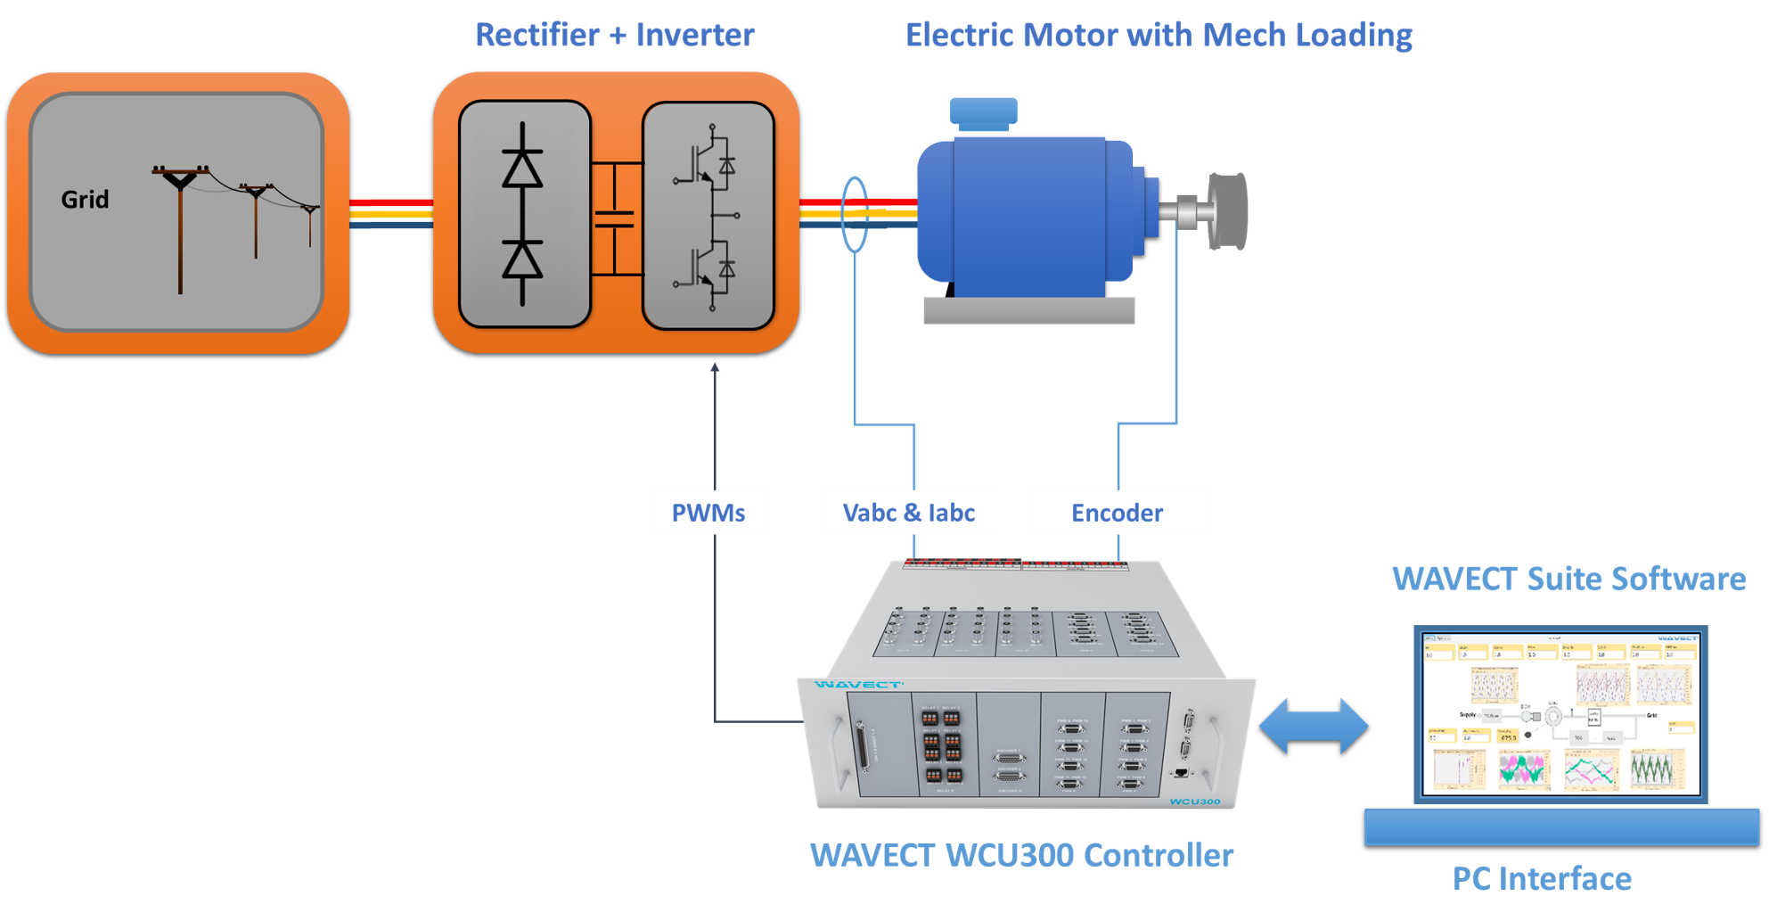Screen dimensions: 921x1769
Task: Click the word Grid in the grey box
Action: point(85,199)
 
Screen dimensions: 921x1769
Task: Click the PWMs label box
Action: point(708,513)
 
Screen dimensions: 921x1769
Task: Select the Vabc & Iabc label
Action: point(909,513)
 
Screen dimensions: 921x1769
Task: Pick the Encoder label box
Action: point(1118,513)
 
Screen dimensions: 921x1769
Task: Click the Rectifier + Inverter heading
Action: point(615,35)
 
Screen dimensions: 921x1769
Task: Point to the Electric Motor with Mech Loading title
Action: point(1159,35)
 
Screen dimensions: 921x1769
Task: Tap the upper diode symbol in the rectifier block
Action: point(522,169)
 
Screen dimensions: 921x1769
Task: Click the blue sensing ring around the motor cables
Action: point(855,214)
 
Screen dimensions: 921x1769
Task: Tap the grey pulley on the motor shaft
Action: point(1227,211)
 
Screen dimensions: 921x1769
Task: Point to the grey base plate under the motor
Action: point(1028,310)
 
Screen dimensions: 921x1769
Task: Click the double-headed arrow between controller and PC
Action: point(1314,726)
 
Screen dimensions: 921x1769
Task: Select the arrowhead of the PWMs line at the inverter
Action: point(714,367)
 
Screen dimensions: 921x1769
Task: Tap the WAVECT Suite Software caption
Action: point(1568,579)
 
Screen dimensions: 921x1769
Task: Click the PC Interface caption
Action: point(1542,879)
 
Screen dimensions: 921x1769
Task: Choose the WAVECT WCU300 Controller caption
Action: point(1021,855)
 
